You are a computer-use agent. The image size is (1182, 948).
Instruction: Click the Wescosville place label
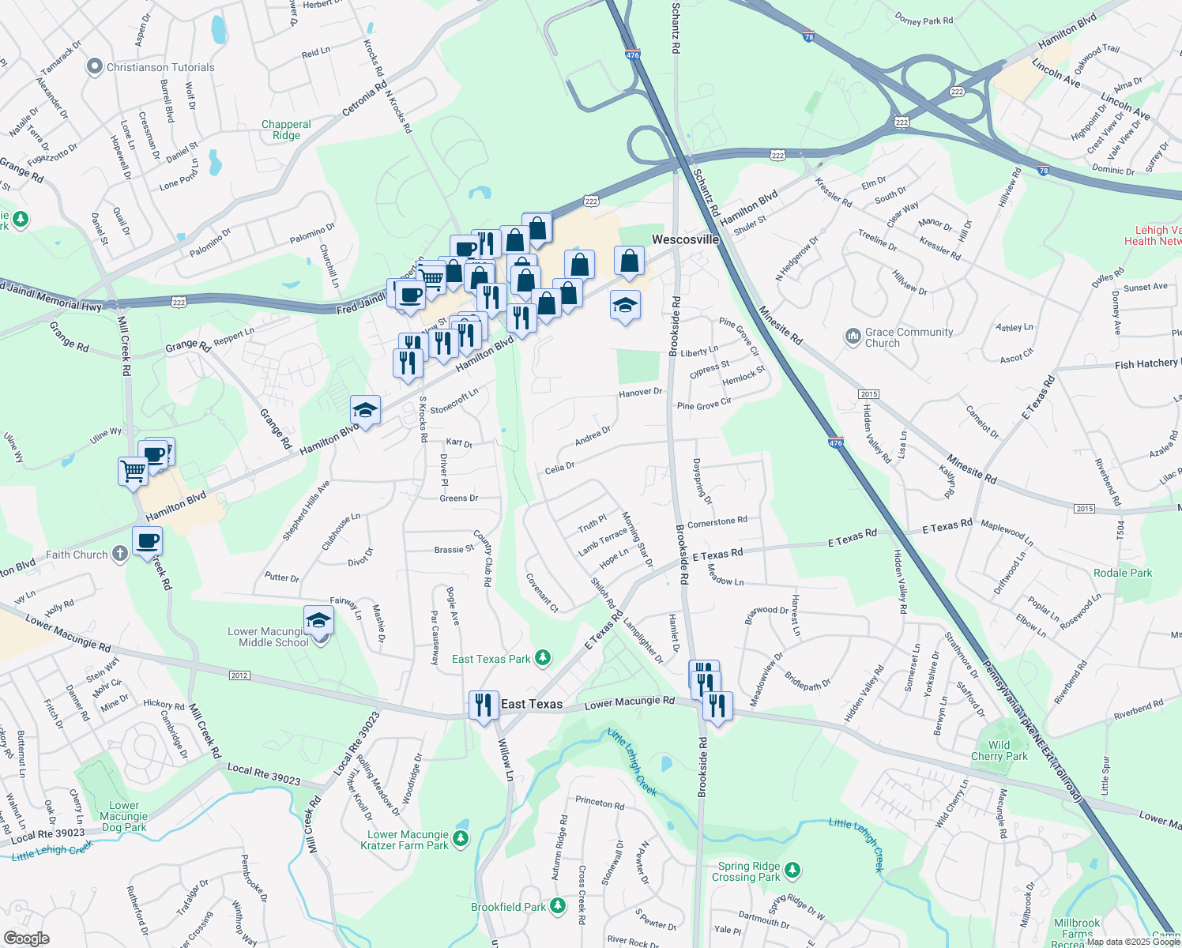click(x=685, y=239)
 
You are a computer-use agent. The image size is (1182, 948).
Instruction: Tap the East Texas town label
click(x=532, y=704)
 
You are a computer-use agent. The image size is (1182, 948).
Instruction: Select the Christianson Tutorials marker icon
click(x=95, y=67)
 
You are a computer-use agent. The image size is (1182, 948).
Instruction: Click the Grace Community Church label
click(x=909, y=337)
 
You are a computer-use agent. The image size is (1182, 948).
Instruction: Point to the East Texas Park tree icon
click(x=543, y=657)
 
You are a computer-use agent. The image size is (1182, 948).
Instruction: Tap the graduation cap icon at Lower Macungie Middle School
click(x=318, y=620)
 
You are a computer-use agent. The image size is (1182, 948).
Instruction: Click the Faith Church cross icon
click(x=119, y=554)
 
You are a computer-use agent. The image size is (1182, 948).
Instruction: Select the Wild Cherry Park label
click(x=999, y=750)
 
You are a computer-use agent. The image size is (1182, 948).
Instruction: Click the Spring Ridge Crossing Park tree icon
click(x=792, y=871)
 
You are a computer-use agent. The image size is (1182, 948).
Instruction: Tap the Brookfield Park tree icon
click(x=559, y=905)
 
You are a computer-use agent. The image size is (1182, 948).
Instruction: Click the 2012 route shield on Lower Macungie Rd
click(x=239, y=675)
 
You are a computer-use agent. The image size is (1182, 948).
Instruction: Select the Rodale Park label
click(x=1123, y=573)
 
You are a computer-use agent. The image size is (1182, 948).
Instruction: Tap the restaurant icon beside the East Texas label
click(x=484, y=705)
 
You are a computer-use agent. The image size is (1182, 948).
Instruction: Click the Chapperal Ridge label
click(x=286, y=130)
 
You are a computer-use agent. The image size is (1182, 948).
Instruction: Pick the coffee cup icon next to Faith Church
click(x=148, y=542)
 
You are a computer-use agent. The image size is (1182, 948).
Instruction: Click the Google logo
click(x=26, y=939)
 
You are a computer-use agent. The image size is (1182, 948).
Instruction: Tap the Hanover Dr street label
click(x=640, y=393)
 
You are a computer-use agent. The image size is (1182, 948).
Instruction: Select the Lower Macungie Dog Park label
click(x=124, y=817)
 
